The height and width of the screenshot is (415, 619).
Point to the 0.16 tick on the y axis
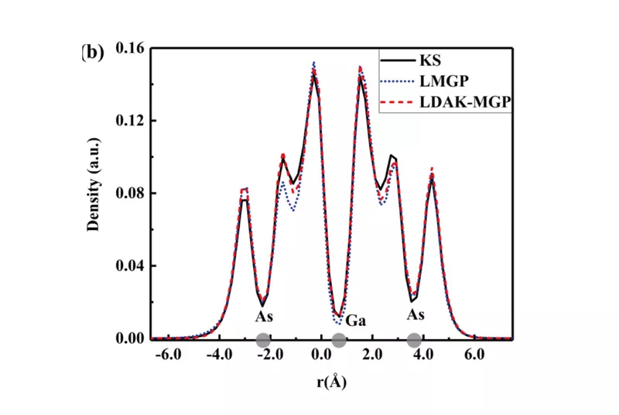click(130, 48)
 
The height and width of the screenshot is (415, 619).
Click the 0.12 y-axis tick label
click(130, 121)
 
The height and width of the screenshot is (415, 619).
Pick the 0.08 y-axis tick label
click(130, 194)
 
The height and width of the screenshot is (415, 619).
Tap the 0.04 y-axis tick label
click(130, 266)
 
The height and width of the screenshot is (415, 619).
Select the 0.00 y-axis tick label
click(130, 339)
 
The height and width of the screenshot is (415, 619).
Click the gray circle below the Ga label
click(338, 340)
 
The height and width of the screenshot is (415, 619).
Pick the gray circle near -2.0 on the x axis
click(263, 340)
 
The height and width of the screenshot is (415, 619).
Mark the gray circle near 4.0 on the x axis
click(414, 340)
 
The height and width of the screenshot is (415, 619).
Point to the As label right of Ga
click(416, 316)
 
